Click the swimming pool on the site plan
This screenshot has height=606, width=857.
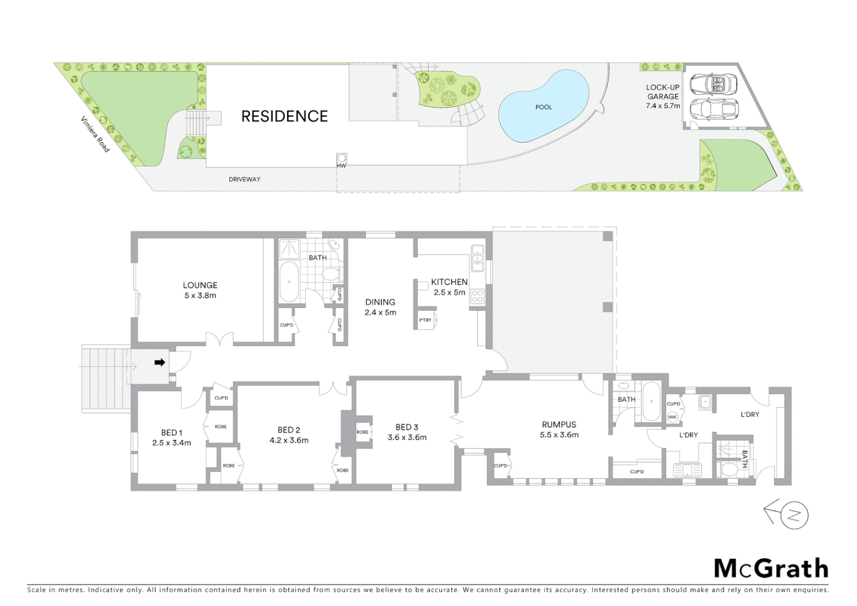[542, 107]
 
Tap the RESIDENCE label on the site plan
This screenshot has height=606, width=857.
[284, 116]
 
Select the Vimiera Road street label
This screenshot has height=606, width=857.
[95, 134]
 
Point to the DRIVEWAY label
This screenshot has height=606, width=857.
[245, 180]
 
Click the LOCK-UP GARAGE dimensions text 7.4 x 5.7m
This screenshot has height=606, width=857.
[663, 105]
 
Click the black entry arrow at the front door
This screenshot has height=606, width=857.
[160, 362]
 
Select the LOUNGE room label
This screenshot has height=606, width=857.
[200, 285]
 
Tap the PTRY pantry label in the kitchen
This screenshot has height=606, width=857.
[425, 320]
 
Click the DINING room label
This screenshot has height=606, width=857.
[380, 302]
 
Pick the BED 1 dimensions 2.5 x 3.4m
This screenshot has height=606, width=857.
[172, 443]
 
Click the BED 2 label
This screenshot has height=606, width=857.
[289, 430]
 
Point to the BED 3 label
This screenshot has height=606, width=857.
[407, 427]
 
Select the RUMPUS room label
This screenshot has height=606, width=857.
[559, 425]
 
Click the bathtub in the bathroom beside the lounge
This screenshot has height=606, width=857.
[289, 282]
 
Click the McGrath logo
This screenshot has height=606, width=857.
[771, 568]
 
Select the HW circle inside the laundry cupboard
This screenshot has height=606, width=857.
[673, 417]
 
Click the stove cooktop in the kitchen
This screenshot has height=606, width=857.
[477, 296]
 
